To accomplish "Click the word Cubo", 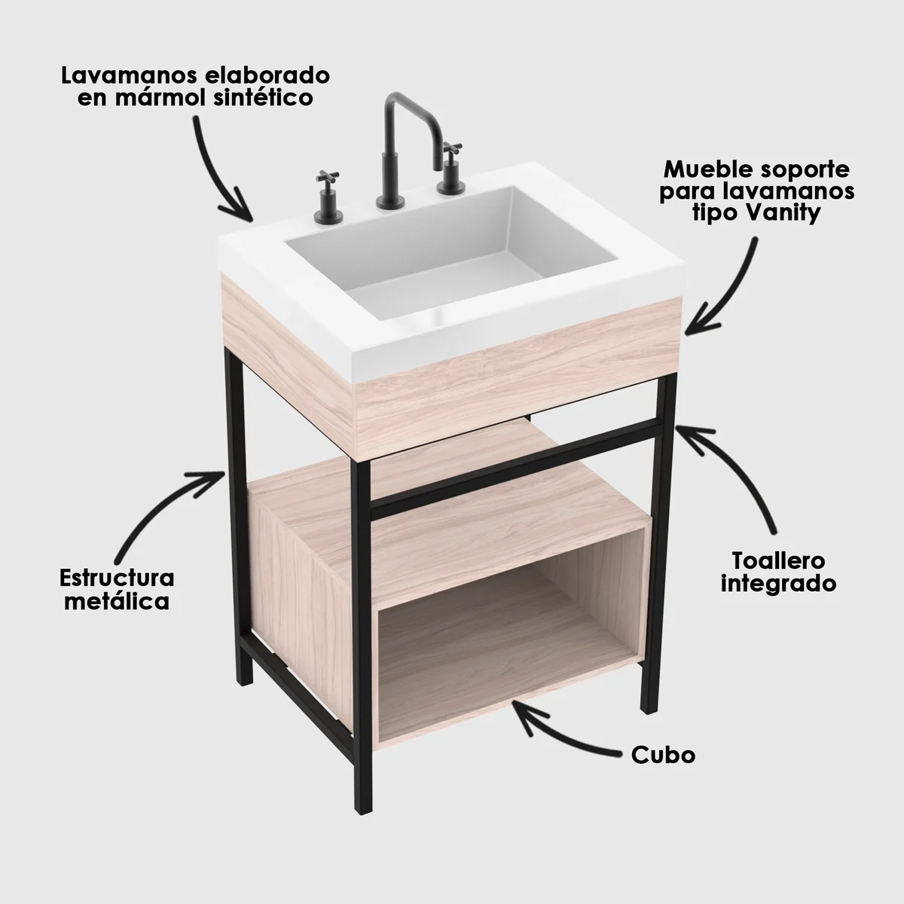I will (663, 755).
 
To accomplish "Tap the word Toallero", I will (778, 561).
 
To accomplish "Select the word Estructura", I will (117, 579).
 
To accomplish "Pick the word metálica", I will (117, 601).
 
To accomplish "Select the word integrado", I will (778, 584).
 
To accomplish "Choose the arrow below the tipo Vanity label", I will (731, 286).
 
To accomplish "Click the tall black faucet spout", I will (399, 121).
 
